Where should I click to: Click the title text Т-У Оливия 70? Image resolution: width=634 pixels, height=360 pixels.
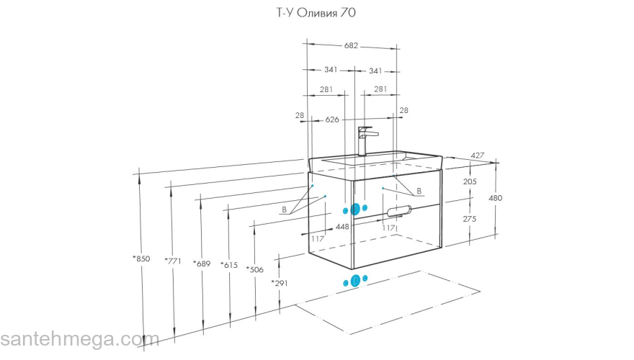point(317,12)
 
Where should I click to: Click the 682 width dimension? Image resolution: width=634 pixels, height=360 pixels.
point(351,45)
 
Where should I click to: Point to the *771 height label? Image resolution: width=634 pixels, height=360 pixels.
point(173,261)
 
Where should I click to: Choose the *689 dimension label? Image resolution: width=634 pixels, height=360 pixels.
point(202,264)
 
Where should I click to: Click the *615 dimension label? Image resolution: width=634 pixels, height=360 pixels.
point(229,265)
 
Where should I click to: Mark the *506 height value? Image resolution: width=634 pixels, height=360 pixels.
point(255,269)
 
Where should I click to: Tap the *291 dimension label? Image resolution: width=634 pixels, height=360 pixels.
point(280,283)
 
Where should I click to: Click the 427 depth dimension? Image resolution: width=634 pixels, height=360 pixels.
point(477,156)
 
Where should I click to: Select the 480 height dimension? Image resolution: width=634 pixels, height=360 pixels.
point(496,198)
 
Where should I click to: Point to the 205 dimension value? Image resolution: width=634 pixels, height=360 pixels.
point(470,182)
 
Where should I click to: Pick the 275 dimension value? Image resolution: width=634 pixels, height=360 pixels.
point(470,218)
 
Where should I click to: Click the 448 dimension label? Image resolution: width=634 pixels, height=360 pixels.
point(342,227)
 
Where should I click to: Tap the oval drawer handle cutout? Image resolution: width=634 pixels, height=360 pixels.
point(399,211)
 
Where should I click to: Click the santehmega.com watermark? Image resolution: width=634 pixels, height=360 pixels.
point(70,339)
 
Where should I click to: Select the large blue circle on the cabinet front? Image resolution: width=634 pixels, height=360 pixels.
point(354,209)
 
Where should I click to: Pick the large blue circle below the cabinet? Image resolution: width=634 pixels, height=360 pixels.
point(354,280)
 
